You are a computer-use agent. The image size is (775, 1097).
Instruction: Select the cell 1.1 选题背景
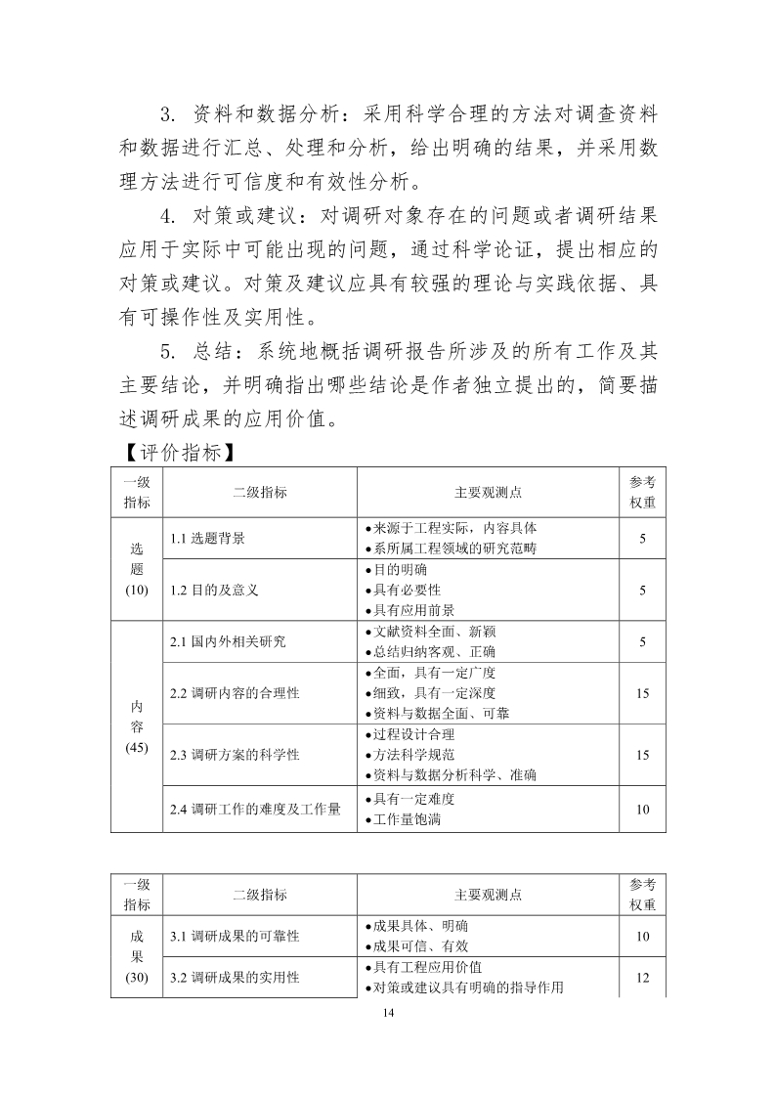tap(207, 538)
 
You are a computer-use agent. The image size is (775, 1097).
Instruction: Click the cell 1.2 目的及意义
tap(214, 590)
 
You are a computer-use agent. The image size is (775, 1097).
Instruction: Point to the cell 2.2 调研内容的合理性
tap(235, 693)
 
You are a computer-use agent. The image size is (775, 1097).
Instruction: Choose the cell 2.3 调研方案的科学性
tap(235, 754)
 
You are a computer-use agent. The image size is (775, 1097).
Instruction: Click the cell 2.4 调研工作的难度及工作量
tap(255, 809)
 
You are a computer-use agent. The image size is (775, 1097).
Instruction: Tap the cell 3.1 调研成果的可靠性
tap(235, 936)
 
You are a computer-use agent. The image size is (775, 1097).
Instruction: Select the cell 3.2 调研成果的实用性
tap(235, 977)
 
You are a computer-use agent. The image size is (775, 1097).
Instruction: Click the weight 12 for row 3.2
tap(643, 977)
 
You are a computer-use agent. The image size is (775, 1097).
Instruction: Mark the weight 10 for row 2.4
tap(643, 809)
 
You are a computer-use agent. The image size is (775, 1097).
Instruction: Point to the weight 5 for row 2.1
tap(643, 641)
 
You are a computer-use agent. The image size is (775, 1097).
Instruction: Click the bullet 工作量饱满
tap(407, 819)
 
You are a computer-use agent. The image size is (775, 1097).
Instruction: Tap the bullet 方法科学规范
tap(413, 754)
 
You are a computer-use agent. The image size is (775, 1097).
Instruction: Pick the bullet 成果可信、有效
tap(420, 945)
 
